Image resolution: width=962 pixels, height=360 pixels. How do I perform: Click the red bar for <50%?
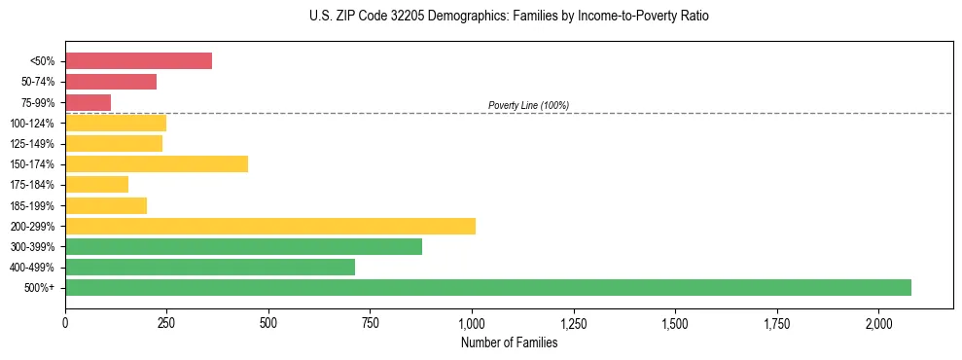138,61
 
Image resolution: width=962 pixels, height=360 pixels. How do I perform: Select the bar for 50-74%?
111,82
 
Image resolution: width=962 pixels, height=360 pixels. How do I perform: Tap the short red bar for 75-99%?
88,102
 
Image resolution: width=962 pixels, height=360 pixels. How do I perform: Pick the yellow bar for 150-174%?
157,163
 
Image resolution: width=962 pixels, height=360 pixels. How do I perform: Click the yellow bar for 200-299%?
270,226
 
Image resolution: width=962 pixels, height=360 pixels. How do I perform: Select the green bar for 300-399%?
243,246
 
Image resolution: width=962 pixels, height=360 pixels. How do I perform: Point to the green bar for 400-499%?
210,267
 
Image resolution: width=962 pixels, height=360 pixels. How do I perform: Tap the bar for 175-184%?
96,185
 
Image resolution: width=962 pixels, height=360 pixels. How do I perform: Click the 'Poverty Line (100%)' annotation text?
528,105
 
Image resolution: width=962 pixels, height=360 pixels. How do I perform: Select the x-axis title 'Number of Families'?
509,342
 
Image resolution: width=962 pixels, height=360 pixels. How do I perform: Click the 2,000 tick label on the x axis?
878,323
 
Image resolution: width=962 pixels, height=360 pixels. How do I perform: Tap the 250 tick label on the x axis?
166,323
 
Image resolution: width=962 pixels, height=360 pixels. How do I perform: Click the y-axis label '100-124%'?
32,124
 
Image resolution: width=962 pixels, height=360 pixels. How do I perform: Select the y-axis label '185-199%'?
32,205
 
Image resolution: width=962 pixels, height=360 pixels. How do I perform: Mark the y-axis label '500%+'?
39,288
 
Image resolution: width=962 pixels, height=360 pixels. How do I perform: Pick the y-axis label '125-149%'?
32,144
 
